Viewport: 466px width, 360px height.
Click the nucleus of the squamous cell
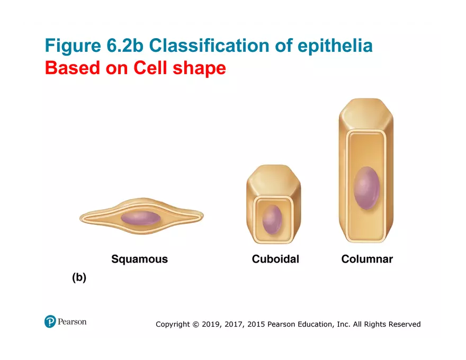(x=140, y=218)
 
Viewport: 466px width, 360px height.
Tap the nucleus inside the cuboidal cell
(x=272, y=219)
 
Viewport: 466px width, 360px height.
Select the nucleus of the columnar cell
(x=366, y=187)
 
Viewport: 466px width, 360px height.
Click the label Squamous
(x=139, y=259)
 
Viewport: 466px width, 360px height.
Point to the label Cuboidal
(x=275, y=259)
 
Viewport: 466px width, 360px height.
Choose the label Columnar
(x=367, y=259)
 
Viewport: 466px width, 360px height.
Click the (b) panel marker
(x=79, y=277)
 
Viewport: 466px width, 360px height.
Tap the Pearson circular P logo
(x=50, y=321)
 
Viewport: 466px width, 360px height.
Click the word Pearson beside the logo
(x=73, y=321)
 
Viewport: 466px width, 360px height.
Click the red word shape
(x=202, y=68)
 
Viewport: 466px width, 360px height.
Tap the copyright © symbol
(x=195, y=324)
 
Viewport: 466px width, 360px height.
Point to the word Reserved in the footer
(x=405, y=324)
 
